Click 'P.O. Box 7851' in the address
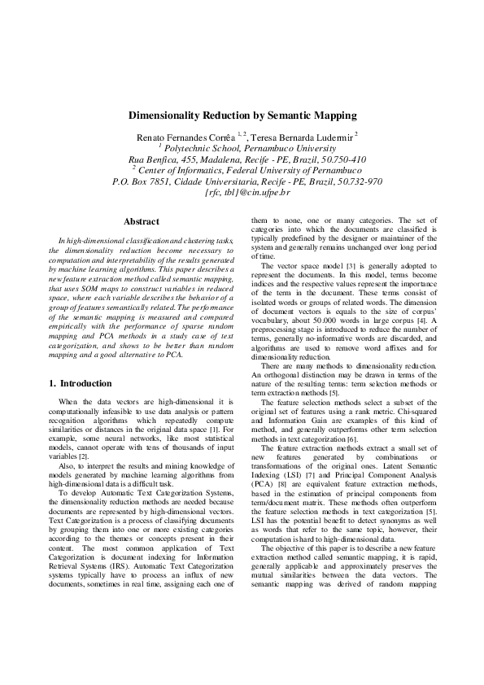point(142,181)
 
